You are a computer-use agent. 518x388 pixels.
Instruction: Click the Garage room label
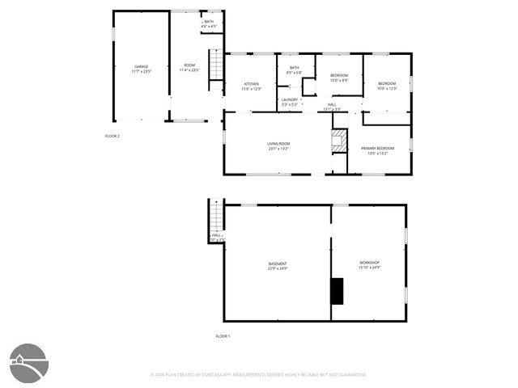[x=142, y=68]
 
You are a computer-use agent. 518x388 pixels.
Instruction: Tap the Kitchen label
[x=252, y=86]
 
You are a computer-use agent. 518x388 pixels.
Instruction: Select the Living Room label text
[x=278, y=146]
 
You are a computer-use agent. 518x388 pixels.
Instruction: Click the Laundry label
[x=290, y=102]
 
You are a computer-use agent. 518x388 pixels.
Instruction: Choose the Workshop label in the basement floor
[x=370, y=265]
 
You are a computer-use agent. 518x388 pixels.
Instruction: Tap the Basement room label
[x=278, y=266]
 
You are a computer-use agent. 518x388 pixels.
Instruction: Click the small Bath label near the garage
[x=209, y=24]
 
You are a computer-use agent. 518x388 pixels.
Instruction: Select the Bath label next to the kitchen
[x=294, y=70]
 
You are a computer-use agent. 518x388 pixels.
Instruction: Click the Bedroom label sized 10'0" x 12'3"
[x=387, y=86]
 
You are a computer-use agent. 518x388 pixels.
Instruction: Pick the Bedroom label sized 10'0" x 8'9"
[x=339, y=78]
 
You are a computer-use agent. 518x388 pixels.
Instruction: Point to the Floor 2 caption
[x=113, y=136]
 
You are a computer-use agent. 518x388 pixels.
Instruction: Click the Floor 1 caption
[x=223, y=335]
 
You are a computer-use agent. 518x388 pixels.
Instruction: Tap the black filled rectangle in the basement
[x=337, y=291]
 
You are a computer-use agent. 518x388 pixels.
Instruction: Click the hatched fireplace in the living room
[x=340, y=141]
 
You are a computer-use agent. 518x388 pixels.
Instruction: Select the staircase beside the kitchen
[x=215, y=65]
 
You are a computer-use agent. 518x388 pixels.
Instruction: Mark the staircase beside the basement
[x=216, y=217]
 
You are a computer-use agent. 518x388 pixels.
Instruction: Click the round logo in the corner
[x=28, y=363]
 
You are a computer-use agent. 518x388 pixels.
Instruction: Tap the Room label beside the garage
[x=189, y=68]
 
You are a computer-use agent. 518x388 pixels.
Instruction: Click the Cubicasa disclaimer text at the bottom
[x=259, y=375]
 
